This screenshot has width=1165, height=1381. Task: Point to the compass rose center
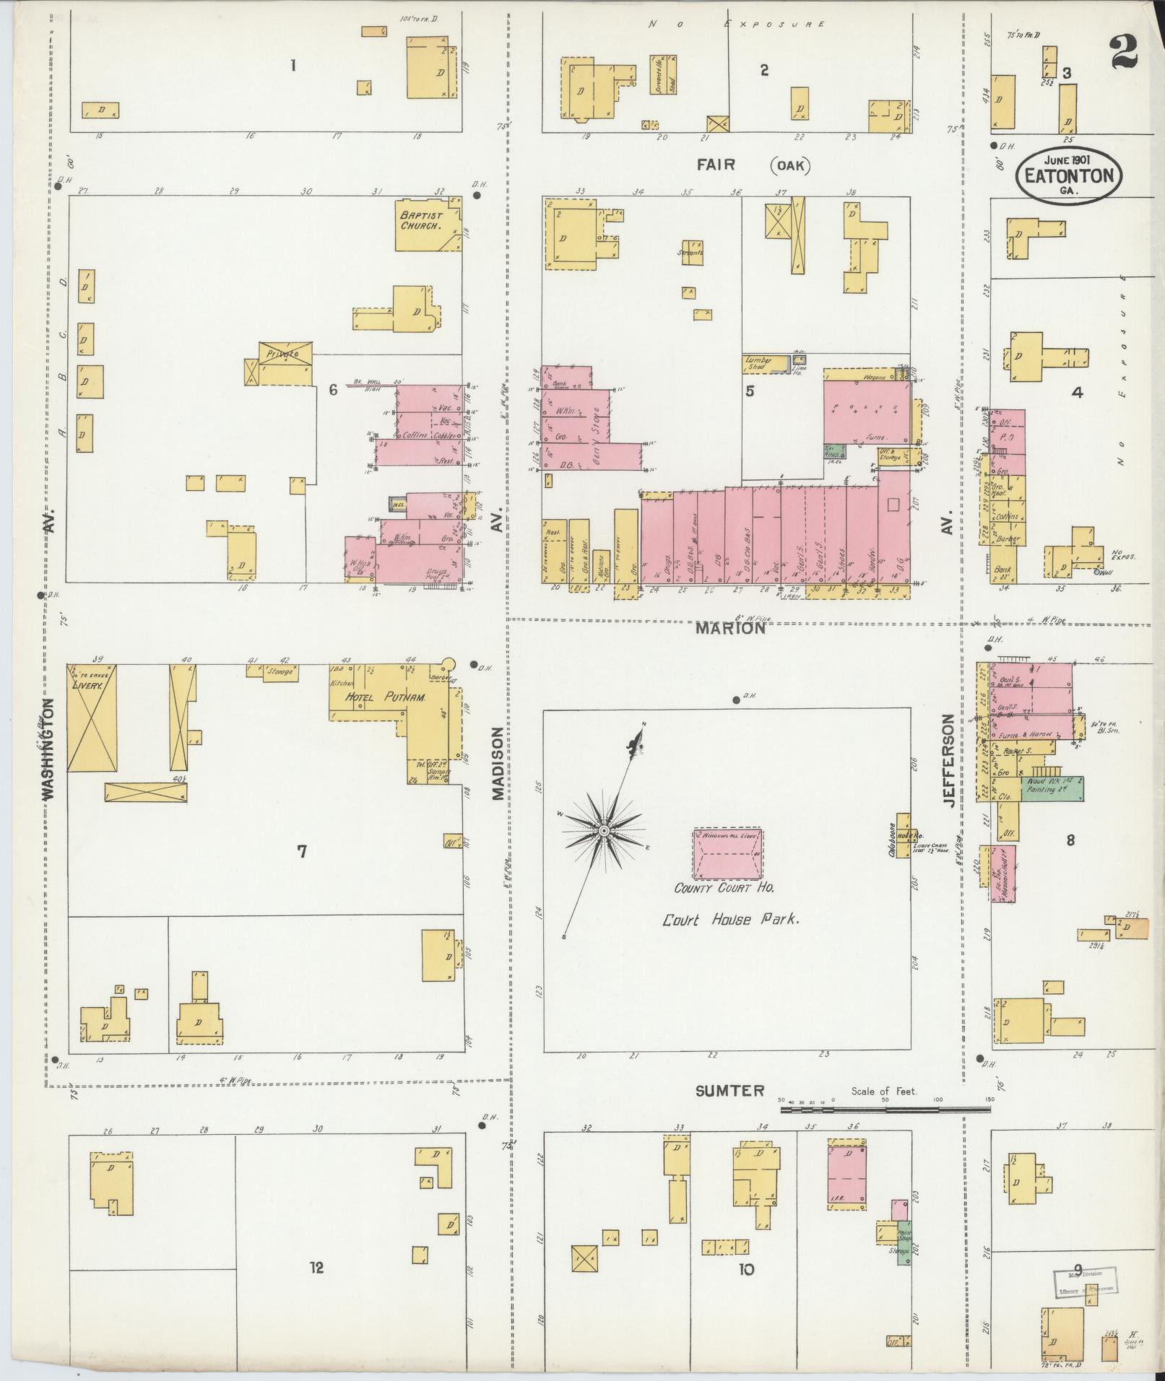(x=604, y=833)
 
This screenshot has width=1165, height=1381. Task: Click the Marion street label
(x=729, y=629)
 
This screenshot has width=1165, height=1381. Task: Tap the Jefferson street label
(x=949, y=761)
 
